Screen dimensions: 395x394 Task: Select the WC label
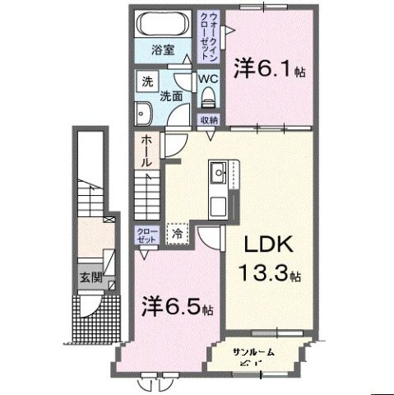point(207,80)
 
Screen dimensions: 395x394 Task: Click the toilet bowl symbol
point(208,99)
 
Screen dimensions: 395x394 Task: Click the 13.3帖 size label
point(270,272)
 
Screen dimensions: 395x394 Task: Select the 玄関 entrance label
point(91,276)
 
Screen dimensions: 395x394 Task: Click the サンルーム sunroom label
point(253,351)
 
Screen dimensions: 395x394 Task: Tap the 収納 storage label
point(209,120)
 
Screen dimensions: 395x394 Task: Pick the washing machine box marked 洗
point(146,82)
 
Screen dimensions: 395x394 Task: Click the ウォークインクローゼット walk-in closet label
point(211,32)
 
